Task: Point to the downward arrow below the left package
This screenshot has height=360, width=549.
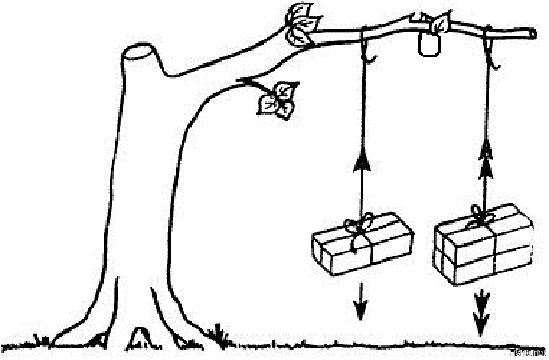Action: coord(361,302)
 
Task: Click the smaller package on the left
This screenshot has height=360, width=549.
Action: coord(362,244)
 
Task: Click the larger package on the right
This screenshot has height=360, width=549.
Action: coord(484,244)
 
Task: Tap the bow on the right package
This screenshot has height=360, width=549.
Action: coord(479,215)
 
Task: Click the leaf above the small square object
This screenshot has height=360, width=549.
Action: coord(440,23)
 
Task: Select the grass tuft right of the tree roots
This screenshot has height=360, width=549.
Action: coord(218,336)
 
